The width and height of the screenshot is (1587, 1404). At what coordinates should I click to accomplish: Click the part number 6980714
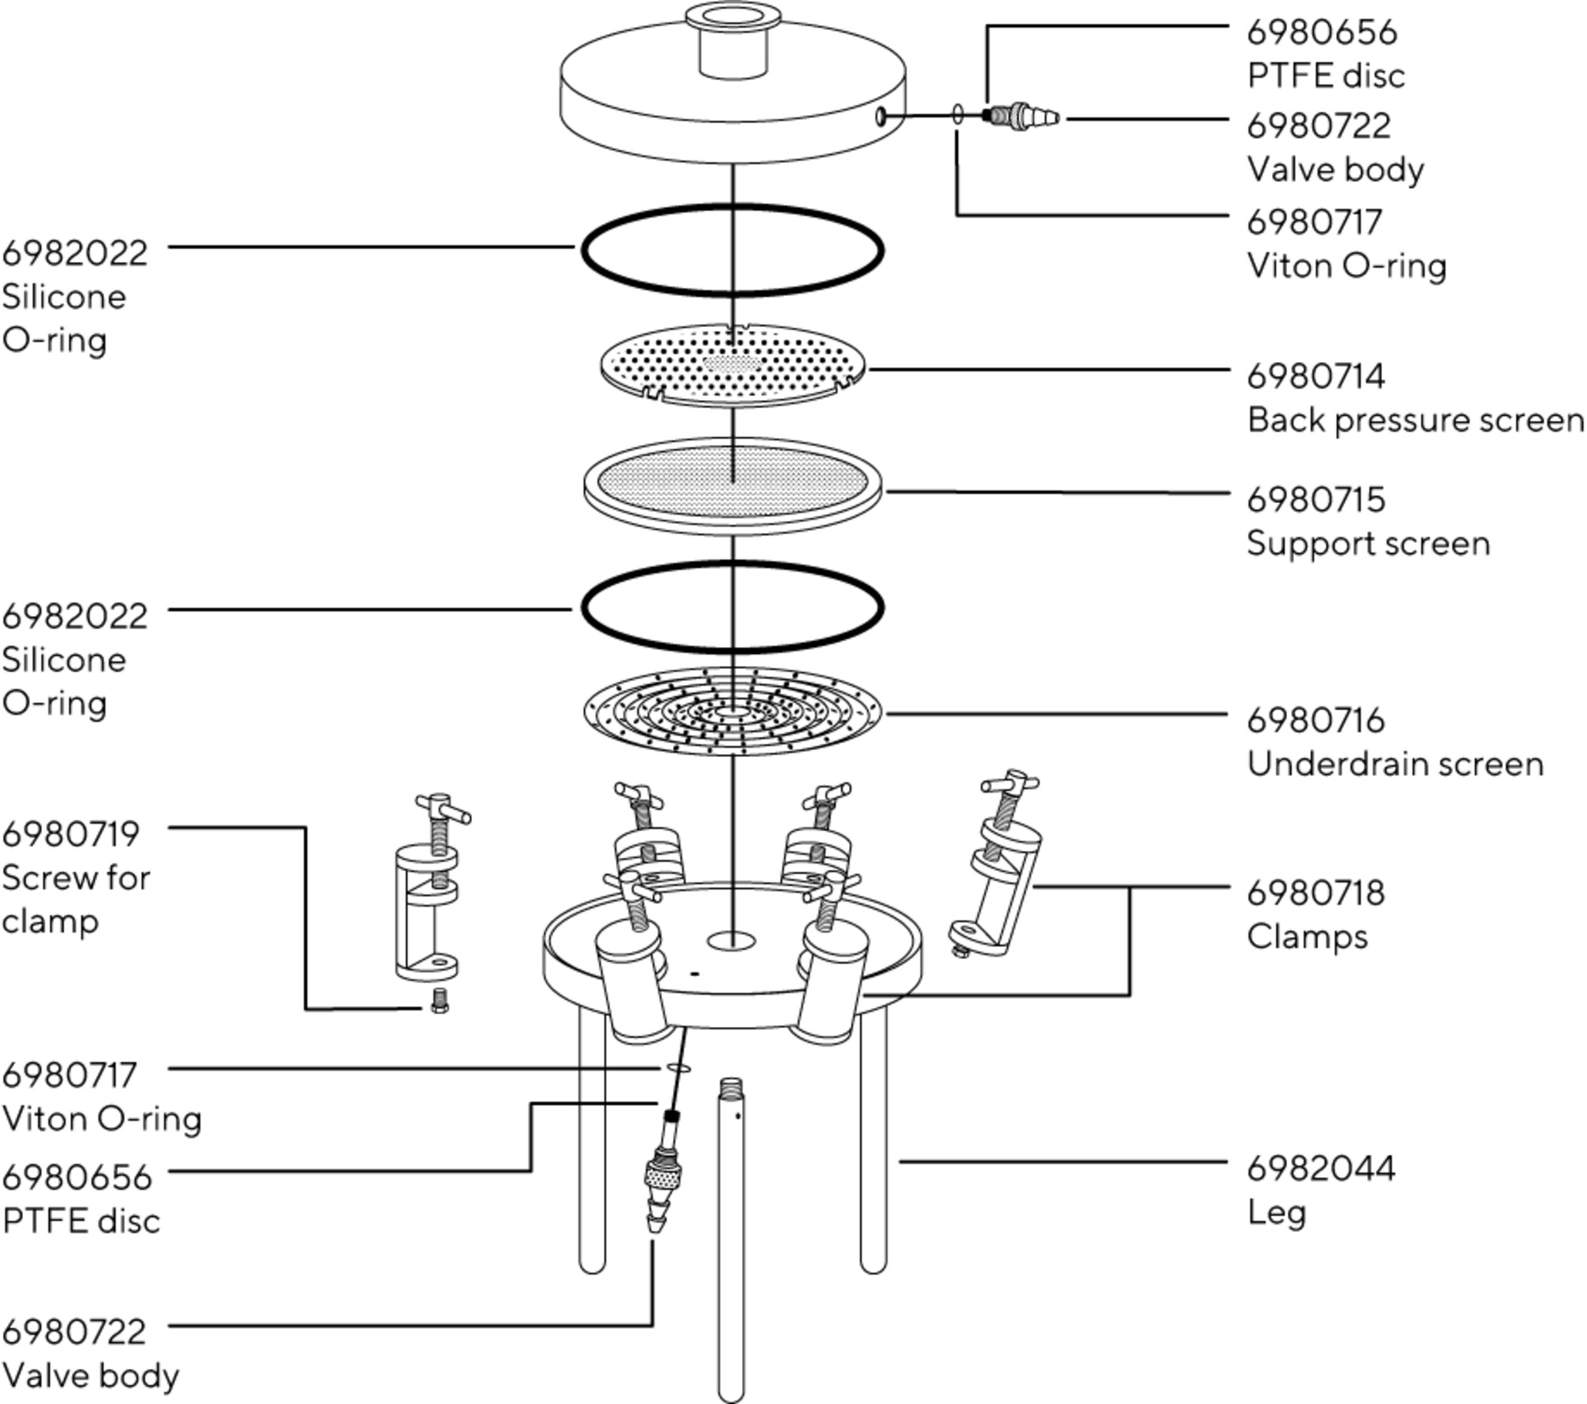[x=1316, y=376]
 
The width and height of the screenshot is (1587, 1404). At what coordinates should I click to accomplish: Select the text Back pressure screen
[x=1415, y=420]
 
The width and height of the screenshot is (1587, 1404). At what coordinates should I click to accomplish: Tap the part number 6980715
[x=1316, y=500]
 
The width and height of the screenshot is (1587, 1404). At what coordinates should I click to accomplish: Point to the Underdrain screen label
[x=1395, y=764]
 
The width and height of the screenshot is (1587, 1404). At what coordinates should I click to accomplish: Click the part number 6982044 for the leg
[x=1320, y=1169]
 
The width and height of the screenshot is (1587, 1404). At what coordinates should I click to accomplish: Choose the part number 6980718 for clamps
[x=1316, y=893]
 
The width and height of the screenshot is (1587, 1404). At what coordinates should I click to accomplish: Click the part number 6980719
[x=71, y=834]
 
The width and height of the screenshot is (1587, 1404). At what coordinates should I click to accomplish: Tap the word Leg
[x=1276, y=1213]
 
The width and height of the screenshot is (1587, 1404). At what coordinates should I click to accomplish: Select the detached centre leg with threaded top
[x=731, y=1238]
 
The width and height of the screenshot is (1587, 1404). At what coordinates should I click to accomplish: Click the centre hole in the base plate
[x=732, y=941]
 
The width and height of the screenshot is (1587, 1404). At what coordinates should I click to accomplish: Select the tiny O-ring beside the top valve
[x=959, y=114]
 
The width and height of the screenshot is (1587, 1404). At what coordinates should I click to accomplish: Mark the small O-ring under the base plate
[x=679, y=1068]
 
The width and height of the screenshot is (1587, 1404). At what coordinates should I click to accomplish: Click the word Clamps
[x=1307, y=937]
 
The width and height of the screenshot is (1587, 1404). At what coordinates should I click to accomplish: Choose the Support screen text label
[x=1368, y=544]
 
